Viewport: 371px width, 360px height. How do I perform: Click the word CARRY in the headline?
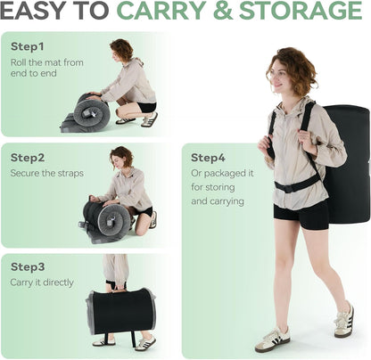162,11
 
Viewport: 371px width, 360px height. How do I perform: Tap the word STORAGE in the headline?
301,11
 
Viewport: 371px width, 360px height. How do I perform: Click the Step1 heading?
27,46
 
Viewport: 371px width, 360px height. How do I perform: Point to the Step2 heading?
28,158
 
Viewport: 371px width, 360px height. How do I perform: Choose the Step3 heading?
28,266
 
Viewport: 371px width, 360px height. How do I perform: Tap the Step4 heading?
208,158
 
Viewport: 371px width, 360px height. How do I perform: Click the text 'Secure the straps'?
47,173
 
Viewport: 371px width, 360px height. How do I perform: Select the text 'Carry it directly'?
42,282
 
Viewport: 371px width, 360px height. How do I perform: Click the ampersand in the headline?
223,11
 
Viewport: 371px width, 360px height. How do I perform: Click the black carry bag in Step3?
120,311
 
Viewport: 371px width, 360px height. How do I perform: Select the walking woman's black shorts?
301,215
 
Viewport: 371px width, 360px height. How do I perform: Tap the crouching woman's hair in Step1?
122,49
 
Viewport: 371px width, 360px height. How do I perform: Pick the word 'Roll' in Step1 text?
19,62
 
